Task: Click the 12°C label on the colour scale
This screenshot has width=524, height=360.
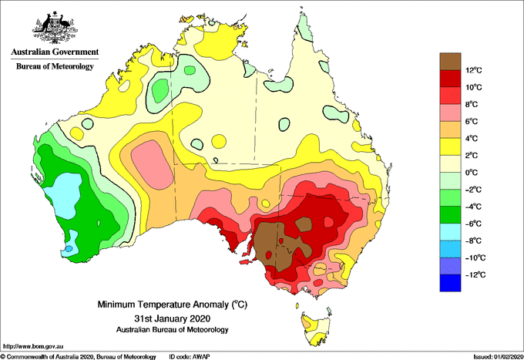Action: coord(474,70)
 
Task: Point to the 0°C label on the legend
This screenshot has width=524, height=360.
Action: coord(472,173)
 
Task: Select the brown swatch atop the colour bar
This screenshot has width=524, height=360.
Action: coord(450,62)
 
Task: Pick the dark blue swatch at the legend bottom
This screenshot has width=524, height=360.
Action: coord(450,283)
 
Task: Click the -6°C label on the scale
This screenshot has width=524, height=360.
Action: coord(473,224)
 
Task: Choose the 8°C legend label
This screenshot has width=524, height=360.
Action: coord(472,104)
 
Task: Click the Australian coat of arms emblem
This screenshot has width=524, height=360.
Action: coord(55,28)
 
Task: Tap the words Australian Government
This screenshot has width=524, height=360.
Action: coord(55,52)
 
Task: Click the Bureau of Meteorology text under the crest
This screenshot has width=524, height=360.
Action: coord(55,66)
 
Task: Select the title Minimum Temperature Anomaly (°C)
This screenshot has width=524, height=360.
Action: coord(173,304)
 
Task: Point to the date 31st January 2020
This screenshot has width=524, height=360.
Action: coord(173,318)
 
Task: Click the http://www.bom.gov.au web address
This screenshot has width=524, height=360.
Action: coord(33,346)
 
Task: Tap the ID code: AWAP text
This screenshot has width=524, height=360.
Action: coord(190,357)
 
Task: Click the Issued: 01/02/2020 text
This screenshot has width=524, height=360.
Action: coord(498,357)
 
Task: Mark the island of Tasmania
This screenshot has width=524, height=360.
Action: coord(316,328)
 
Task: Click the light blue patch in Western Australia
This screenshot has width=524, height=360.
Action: coord(63,195)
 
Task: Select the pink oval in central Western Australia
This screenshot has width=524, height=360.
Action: coord(152,164)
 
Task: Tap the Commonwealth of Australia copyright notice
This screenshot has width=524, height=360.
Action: coord(79,357)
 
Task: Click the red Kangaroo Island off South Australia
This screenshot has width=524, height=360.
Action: coord(246,262)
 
